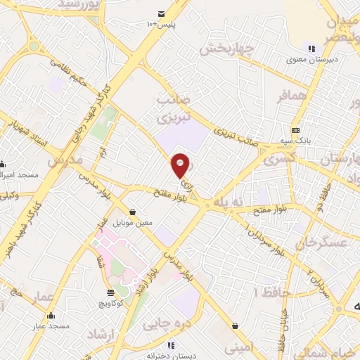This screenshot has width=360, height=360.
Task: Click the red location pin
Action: tap(181, 165)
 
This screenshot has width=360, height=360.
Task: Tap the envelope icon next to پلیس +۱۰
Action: tap(162, 14)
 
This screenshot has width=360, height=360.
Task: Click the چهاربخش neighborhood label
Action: tap(225, 50)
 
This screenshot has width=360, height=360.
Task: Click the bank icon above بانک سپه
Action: tap(295, 130)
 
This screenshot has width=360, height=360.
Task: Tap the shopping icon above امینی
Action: tap(233, 326)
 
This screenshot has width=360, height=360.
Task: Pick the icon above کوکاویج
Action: tap(110, 293)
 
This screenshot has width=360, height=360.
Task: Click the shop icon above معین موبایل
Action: tap(132, 212)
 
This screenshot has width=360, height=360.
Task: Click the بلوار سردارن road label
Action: tap(265, 239)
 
